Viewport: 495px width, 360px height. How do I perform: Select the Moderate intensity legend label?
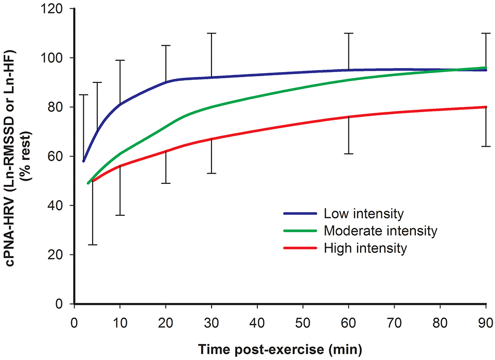coord(380,231)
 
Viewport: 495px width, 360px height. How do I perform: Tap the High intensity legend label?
coord(365,248)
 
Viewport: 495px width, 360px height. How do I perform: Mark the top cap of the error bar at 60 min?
coord(349,33)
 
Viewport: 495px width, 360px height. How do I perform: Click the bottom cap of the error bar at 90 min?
coord(486,147)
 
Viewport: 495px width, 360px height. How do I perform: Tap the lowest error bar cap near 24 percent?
coord(93,245)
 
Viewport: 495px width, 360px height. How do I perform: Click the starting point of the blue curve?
coord(83,161)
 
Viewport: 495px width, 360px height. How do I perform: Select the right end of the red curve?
coord(486,107)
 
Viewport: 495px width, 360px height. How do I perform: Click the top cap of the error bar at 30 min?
coord(211,33)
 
